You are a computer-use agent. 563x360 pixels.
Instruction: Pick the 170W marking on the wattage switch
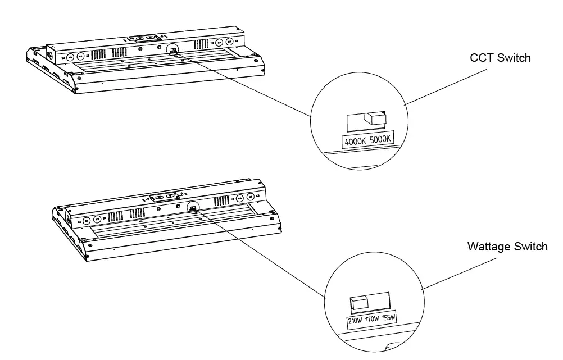[x=372, y=319]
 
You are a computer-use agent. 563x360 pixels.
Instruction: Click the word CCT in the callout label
[x=480, y=58]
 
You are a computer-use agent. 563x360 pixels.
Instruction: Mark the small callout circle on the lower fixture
[x=193, y=207]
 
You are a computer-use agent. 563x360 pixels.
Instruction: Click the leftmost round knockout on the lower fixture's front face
[x=87, y=219]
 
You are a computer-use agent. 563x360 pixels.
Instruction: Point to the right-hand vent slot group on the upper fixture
[x=200, y=45]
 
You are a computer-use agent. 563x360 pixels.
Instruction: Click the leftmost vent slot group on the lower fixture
[x=115, y=216]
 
